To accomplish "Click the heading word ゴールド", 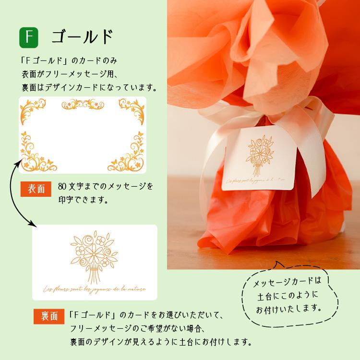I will coord(82,36).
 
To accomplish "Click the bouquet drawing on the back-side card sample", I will coord(94,257).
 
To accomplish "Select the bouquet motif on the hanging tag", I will coord(258,154).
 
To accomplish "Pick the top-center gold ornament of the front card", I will coord(83,104).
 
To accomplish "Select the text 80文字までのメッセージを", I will coord(105,186).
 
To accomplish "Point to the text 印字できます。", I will coord(83,199).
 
